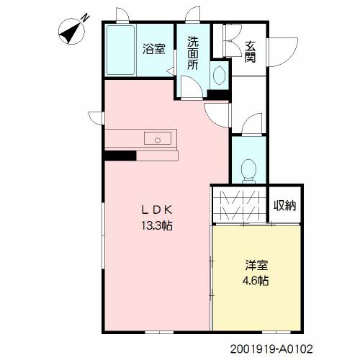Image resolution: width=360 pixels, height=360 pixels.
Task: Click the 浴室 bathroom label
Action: (x=154, y=49)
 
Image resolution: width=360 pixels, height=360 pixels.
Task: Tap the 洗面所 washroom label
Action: (x=193, y=53)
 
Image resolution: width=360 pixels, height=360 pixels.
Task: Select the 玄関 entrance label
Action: (x=251, y=52)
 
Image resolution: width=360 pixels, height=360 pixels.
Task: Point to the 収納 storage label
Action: (x=284, y=205)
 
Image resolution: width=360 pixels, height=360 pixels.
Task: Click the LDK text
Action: (x=157, y=210)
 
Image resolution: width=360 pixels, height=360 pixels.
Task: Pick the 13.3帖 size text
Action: (x=157, y=225)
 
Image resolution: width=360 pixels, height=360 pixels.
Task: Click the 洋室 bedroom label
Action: (x=256, y=265)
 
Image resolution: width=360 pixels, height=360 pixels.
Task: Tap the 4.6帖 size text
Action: (x=256, y=280)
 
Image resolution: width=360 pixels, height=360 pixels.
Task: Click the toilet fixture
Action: (x=248, y=171)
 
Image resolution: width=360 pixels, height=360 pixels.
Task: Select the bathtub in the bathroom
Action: (x=120, y=50)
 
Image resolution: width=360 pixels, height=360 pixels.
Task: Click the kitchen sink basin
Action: (x=158, y=138)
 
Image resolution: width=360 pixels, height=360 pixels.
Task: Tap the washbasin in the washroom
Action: (x=219, y=75)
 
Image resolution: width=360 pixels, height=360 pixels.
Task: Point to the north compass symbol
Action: (x=71, y=32)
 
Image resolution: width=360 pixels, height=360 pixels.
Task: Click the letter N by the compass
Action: (x=86, y=18)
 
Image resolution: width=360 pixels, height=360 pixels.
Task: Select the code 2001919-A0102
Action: (x=271, y=349)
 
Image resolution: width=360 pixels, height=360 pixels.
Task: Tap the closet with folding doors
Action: (x=240, y=205)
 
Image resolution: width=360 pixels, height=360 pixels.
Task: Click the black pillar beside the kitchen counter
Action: (x=120, y=156)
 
